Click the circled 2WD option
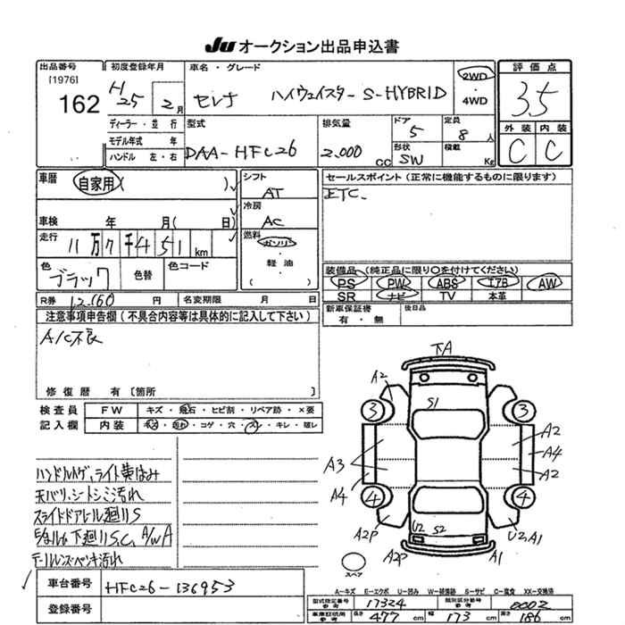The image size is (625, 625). (x=474, y=77)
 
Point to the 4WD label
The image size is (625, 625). (x=475, y=101)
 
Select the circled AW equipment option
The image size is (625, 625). (x=544, y=283)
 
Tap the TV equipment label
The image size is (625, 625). (x=447, y=296)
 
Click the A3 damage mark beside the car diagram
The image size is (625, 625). (x=335, y=465)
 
